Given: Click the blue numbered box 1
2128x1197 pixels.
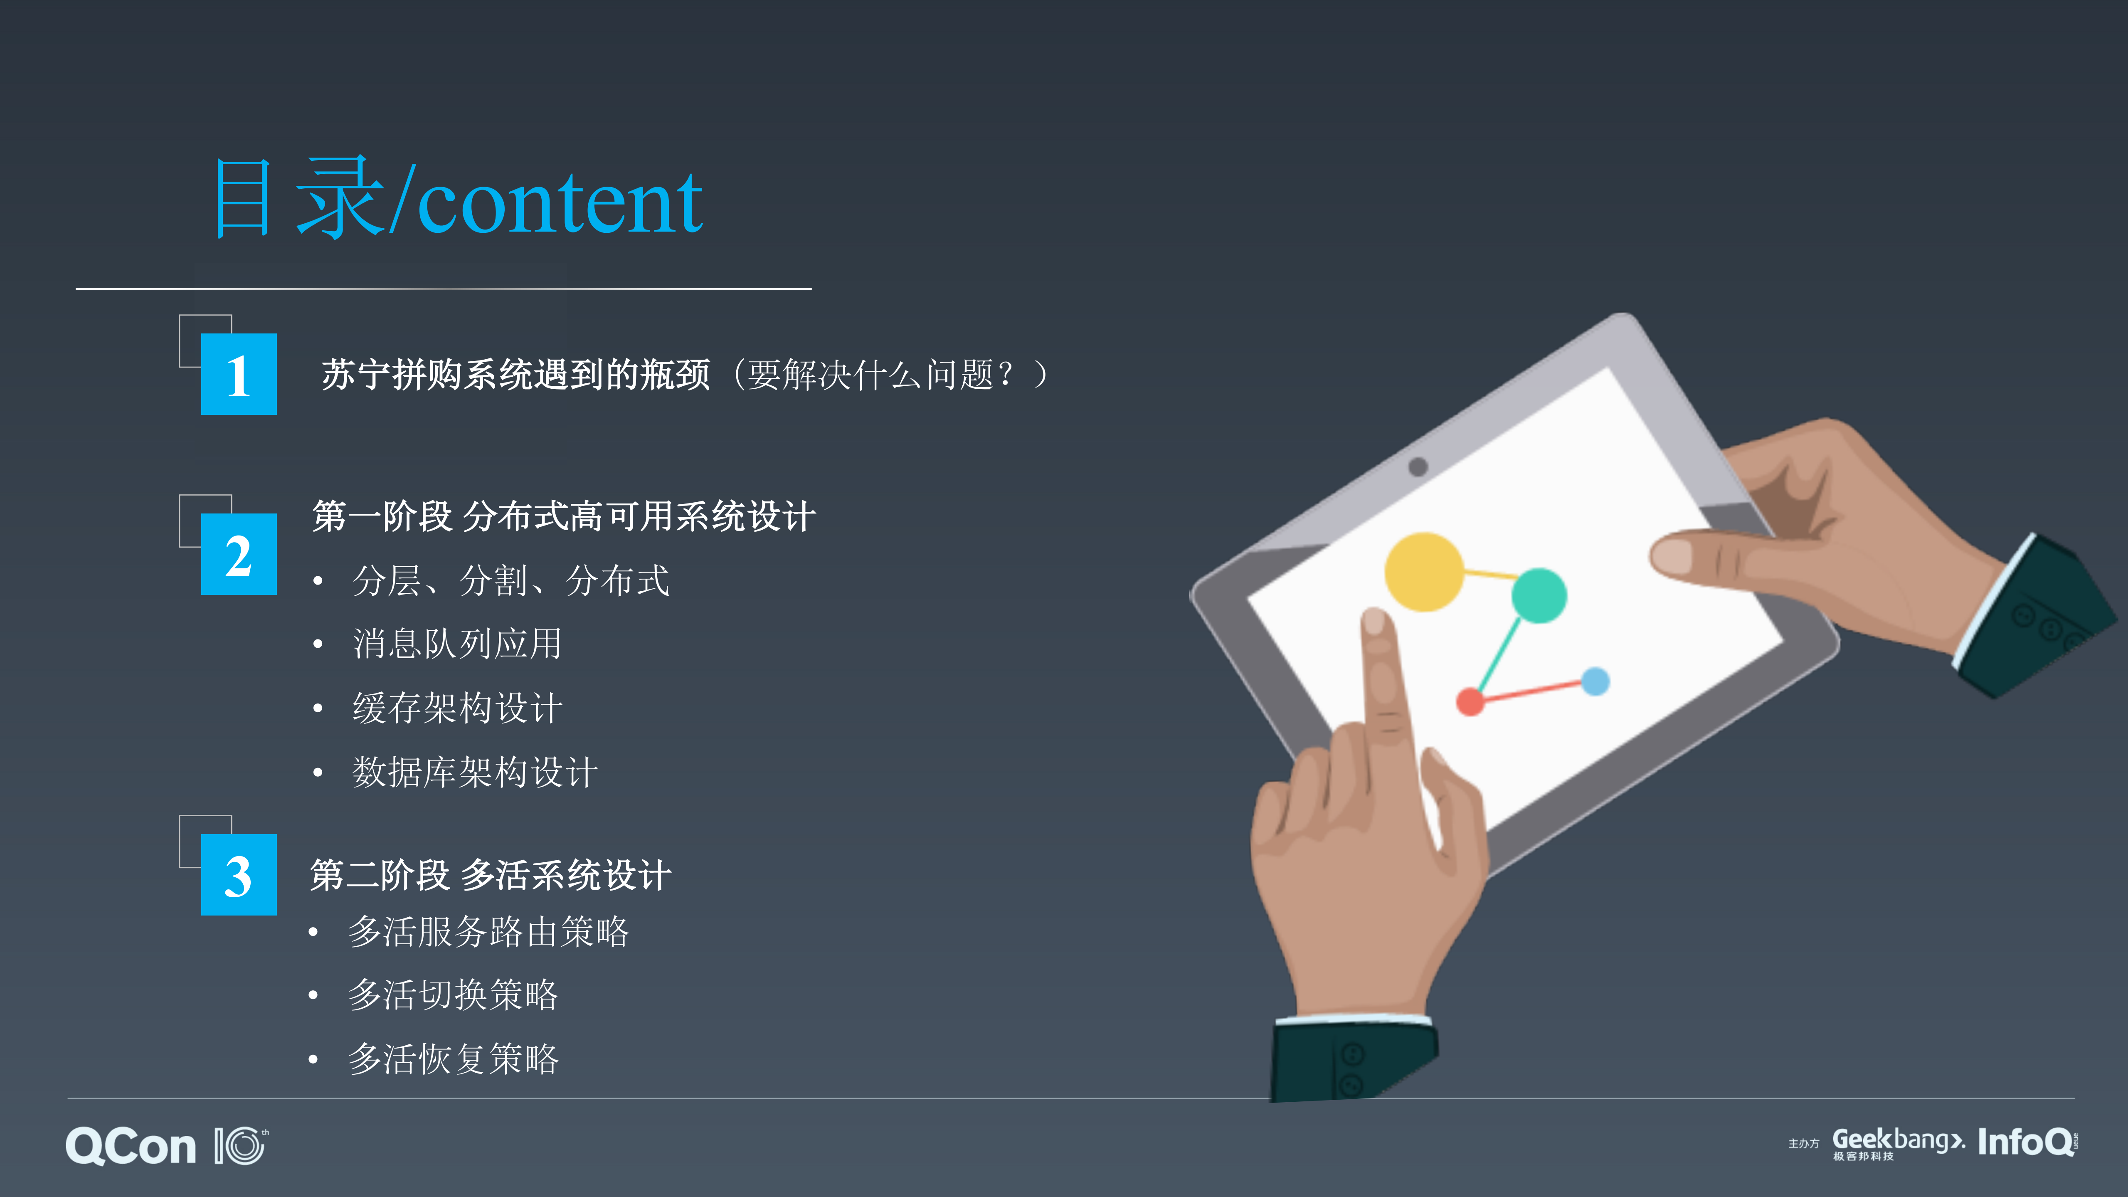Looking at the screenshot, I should coord(239,374).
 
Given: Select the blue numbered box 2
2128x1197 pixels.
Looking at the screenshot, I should coord(239,554).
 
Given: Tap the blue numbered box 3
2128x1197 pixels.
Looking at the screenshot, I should coord(239,875).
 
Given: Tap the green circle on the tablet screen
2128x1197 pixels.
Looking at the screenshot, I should coord(1538,595).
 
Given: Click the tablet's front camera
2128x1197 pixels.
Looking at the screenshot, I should coord(1418,467).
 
